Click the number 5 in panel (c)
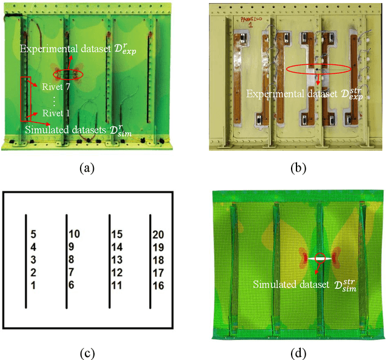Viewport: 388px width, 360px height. click(34, 234)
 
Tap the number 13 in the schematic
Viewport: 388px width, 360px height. click(117, 259)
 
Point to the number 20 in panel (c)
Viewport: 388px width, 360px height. click(159, 234)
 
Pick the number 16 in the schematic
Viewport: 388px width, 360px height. click(159, 285)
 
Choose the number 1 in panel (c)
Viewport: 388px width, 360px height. click(34, 285)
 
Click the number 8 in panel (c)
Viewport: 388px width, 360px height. click(72, 259)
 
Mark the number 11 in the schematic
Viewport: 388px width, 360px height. click(117, 285)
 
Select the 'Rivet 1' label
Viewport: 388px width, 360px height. click(57, 112)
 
